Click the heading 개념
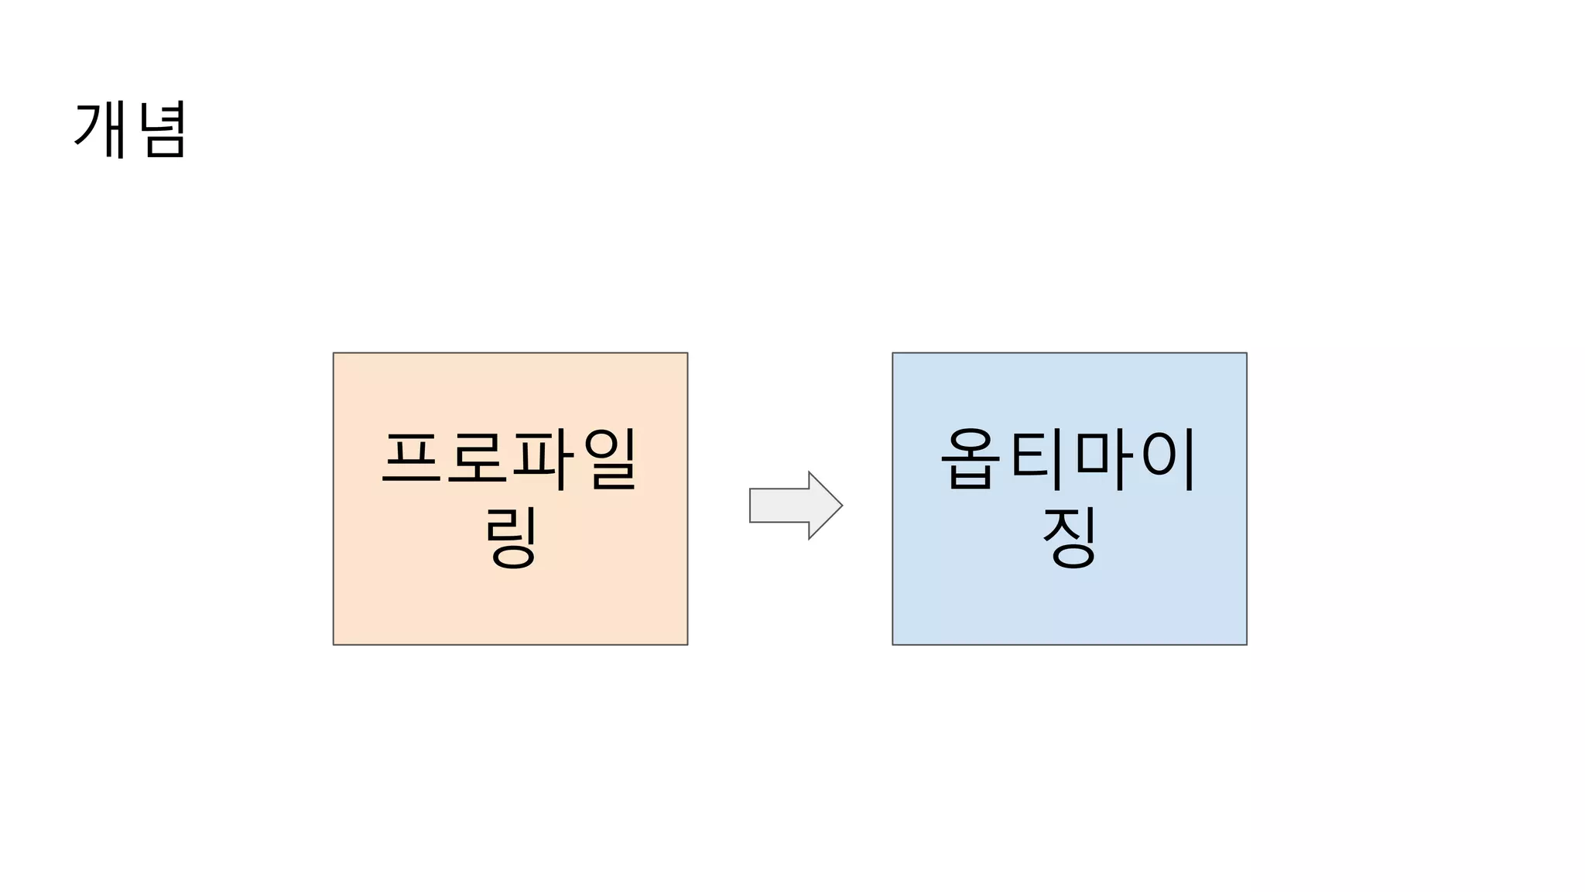pyautogui.click(x=130, y=130)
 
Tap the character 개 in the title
pyautogui.click(x=101, y=130)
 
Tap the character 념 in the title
pyautogui.click(x=163, y=130)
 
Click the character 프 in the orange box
pyautogui.click(x=411, y=458)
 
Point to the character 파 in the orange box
pyautogui.click(x=543, y=458)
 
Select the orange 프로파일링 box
pyautogui.click(x=510, y=604)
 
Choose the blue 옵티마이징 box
pyautogui.click(x=1069, y=604)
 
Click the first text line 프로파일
pyautogui.click(x=510, y=458)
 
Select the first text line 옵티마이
pyautogui.click(x=1069, y=458)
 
